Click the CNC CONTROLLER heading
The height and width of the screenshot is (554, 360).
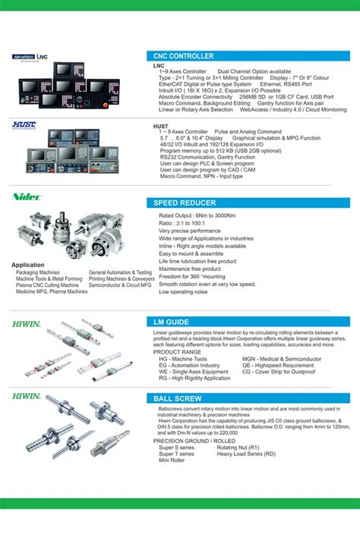pyautogui.click(x=183, y=56)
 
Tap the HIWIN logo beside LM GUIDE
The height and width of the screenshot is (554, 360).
pyautogui.click(x=27, y=323)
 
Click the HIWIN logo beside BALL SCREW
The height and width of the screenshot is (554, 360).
pyautogui.click(x=27, y=396)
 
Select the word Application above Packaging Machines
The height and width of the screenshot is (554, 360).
pyautogui.click(x=28, y=265)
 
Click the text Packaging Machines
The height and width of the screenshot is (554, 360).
pyautogui.click(x=38, y=272)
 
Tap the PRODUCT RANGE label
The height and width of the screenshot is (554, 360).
pyautogui.click(x=177, y=351)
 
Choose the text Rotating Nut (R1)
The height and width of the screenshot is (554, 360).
pyautogui.click(x=238, y=448)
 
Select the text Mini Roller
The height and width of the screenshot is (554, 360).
pyautogui.click(x=172, y=461)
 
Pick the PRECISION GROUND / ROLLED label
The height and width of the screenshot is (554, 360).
pyautogui.click(x=193, y=441)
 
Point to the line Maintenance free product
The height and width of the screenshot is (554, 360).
pyautogui.click(x=189, y=269)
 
